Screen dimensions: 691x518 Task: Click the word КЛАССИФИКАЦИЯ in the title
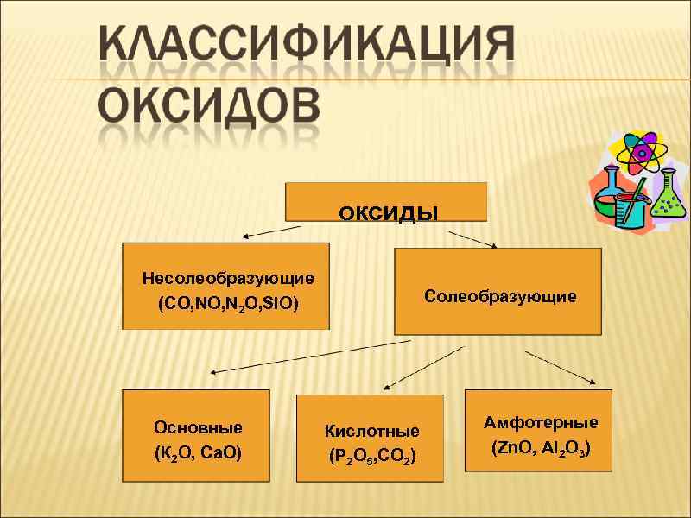coord(306,47)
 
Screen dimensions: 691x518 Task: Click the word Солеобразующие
coord(500,297)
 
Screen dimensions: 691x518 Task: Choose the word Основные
coord(198,427)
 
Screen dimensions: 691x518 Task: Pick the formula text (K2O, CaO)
coord(198,452)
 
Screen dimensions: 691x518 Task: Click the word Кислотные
coord(371,431)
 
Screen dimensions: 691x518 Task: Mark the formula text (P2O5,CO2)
coord(371,456)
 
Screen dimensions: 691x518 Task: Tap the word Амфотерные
coord(541,423)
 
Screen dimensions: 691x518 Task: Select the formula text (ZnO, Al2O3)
coord(541,449)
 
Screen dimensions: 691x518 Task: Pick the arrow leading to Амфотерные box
coord(561,367)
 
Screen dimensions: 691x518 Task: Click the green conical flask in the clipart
coord(666,195)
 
